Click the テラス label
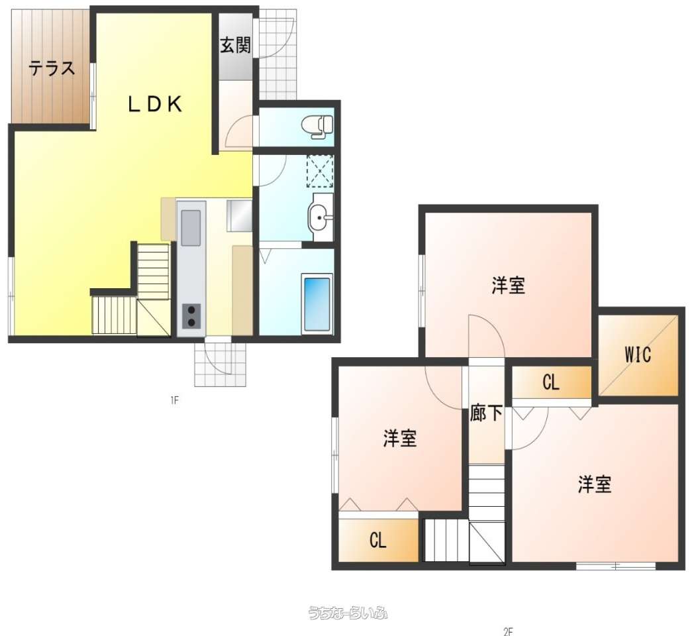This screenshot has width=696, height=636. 52,68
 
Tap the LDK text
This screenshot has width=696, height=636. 156,105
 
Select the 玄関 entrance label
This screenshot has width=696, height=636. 235,45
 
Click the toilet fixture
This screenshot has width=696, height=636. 317,126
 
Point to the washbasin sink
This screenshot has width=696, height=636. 321,217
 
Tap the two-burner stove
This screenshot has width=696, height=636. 191,316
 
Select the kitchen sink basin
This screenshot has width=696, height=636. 191,228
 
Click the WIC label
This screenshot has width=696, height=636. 638,355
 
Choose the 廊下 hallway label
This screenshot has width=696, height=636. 486,413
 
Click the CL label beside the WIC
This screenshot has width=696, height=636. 551,382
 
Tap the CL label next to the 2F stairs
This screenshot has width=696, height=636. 377,541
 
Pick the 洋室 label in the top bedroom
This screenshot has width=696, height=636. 508,285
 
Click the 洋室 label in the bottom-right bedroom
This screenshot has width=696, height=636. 595,484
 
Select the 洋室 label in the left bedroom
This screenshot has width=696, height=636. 400,438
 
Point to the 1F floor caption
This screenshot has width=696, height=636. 174,401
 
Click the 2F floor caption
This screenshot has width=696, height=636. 508,631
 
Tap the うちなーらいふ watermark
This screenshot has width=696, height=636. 348,613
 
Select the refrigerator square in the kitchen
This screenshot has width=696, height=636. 240,215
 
